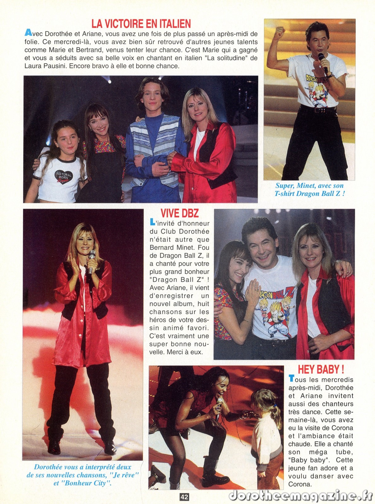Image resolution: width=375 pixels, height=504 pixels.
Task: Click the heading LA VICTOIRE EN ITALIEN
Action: (141, 24)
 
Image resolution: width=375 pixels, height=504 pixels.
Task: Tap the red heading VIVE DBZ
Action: (179, 213)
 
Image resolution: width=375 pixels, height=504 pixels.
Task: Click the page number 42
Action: (185, 497)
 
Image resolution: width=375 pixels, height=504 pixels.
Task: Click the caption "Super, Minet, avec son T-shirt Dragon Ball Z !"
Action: (309, 190)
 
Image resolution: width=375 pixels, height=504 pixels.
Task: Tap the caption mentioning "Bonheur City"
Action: (83, 475)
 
